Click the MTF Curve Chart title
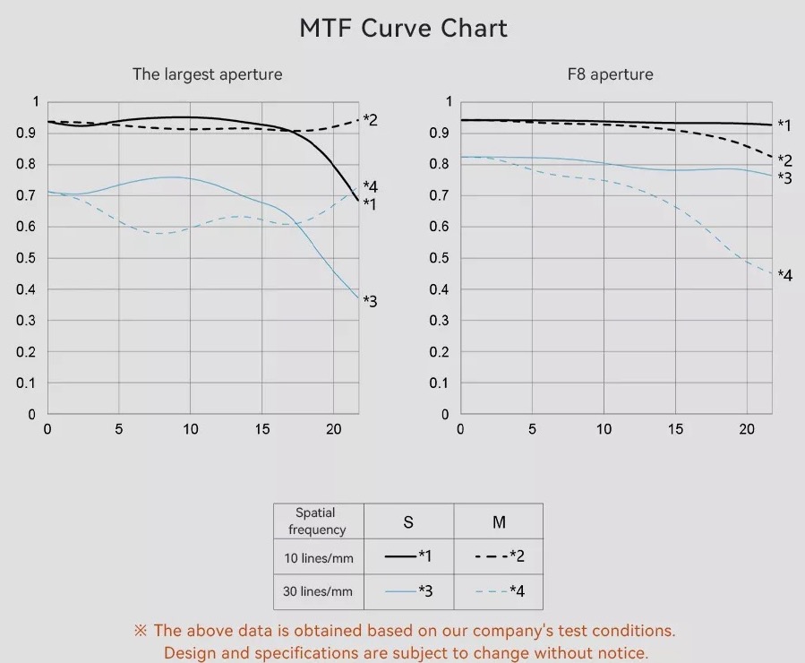pos(403,28)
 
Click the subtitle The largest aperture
pos(207,74)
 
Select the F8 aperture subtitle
pos(610,74)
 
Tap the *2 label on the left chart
pos(370,120)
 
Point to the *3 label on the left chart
pos(370,302)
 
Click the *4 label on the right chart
pos(784,276)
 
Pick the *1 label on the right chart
pos(784,125)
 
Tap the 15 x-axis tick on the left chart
pos(261,429)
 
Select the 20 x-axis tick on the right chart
pos(747,429)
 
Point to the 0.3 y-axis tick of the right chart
pos(441,321)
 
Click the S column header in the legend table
pos(408,522)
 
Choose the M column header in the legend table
pos(499,522)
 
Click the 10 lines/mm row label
pos(318,558)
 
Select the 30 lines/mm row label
pos(318,591)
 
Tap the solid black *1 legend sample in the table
pos(400,556)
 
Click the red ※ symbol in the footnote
pos(141,631)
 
